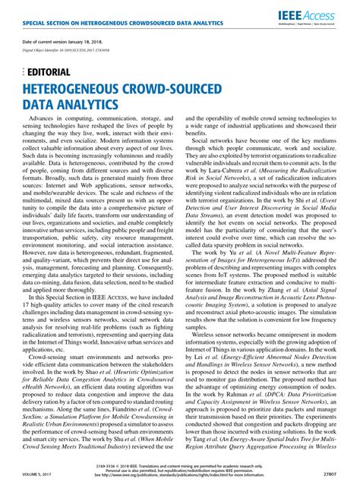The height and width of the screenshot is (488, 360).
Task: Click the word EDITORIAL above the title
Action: (49, 72)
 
